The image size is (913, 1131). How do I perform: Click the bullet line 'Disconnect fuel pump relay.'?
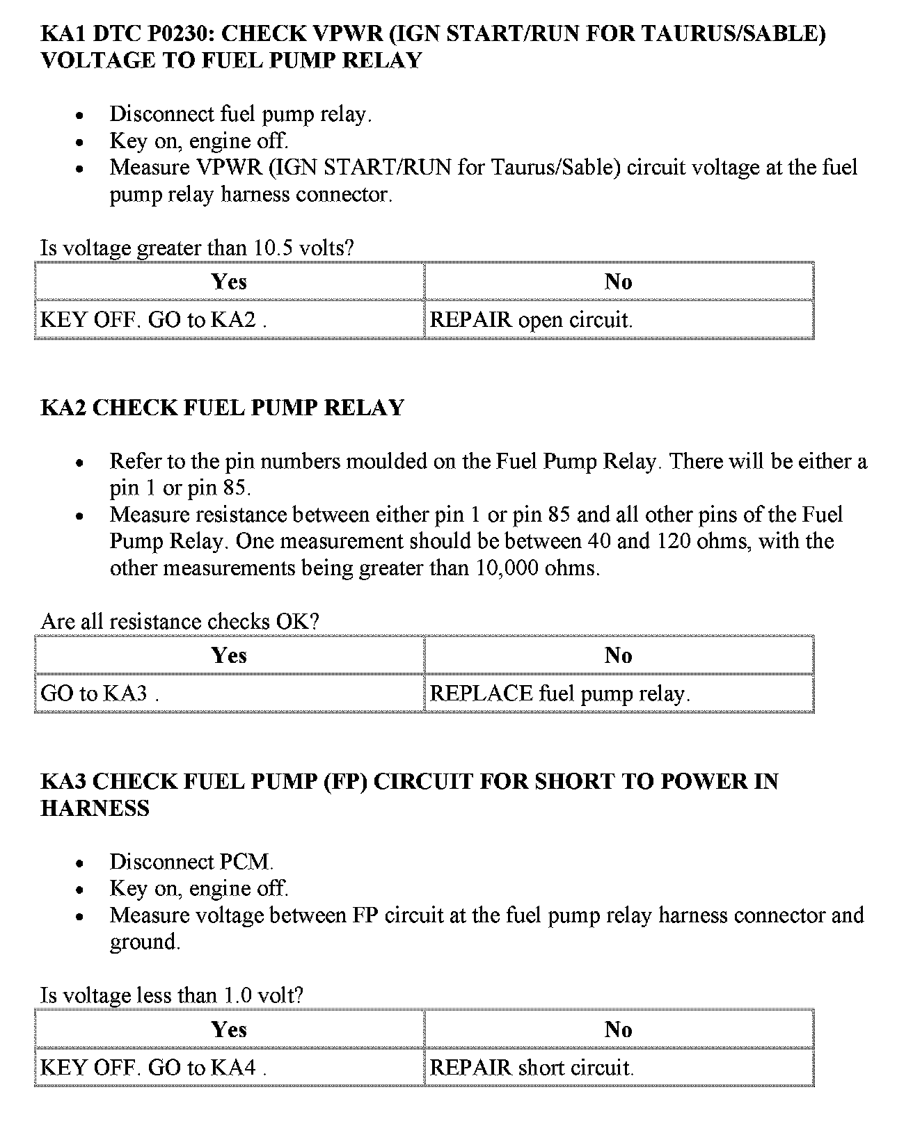pyautogui.click(x=240, y=114)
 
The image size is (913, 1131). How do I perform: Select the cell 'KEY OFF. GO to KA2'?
pyautogui.click(x=154, y=320)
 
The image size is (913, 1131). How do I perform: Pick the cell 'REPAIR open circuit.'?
pyautogui.click(x=531, y=320)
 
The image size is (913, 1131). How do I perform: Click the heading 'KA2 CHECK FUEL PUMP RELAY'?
pyautogui.click(x=222, y=408)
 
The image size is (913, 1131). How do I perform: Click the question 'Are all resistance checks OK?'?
pyautogui.click(x=180, y=621)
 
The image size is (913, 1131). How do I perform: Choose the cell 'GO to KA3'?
pyautogui.click(x=100, y=693)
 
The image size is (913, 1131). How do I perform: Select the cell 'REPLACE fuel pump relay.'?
pyautogui.click(x=559, y=693)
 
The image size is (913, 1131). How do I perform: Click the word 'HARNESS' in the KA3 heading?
pyautogui.click(x=95, y=808)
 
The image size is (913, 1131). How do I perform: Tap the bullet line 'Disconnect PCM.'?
pyautogui.click(x=191, y=862)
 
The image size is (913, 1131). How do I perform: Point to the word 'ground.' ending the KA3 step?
pyautogui.click(x=145, y=942)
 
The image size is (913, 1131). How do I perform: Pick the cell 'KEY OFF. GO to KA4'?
pyautogui.click(x=154, y=1068)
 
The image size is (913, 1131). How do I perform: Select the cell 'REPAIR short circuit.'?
pyautogui.click(x=532, y=1068)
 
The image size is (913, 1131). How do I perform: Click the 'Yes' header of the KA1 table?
pyautogui.click(x=229, y=282)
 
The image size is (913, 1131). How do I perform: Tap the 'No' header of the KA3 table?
pyautogui.click(x=618, y=1029)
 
